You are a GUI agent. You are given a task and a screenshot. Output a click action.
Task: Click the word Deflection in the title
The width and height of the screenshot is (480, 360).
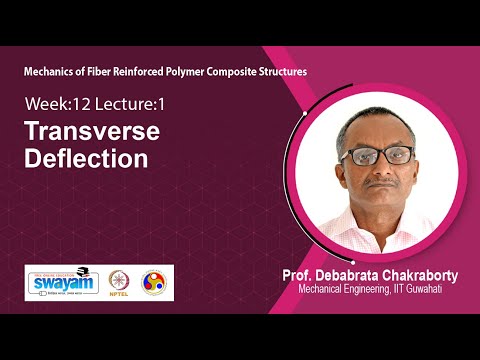tap(87, 158)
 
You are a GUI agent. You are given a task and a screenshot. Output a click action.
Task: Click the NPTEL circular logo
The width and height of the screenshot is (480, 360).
tap(119, 282)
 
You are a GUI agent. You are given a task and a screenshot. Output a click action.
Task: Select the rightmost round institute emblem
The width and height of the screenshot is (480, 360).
tap(155, 282)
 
